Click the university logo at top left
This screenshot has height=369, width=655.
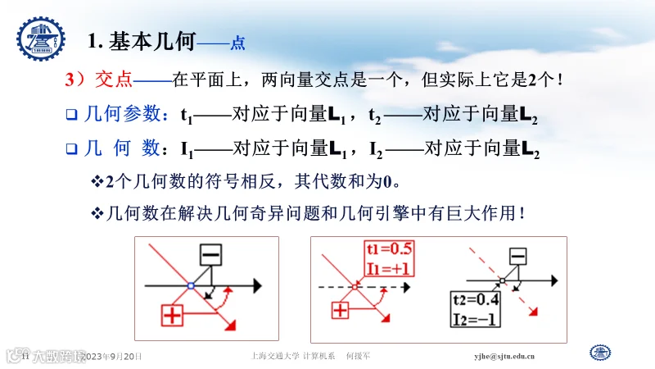tap(40, 37)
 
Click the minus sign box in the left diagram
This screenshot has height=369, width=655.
tap(210, 255)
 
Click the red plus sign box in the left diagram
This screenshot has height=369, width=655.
tap(172, 316)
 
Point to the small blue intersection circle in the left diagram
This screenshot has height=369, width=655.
tap(190, 285)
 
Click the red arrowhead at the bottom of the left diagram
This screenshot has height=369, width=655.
tap(231, 326)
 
